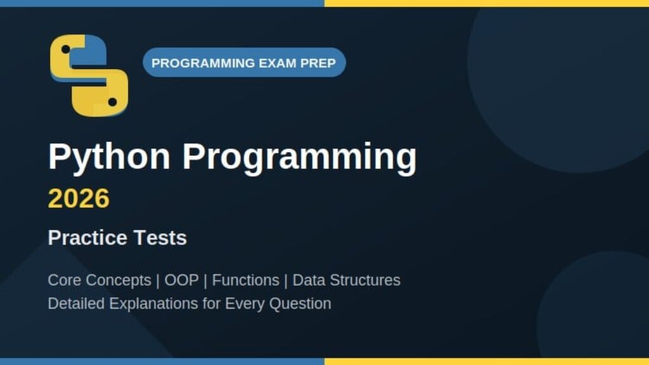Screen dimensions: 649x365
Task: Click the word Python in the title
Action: pos(109,157)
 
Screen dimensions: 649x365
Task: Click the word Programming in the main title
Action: pos(300,157)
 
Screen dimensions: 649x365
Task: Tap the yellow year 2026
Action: pos(79,198)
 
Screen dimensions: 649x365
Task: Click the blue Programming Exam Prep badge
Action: pos(244,63)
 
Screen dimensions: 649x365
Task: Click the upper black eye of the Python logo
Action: pos(65,49)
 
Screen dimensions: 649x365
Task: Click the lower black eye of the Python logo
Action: pos(112,102)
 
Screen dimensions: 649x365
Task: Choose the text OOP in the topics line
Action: pos(181,280)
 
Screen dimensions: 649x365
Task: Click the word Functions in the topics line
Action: pos(245,280)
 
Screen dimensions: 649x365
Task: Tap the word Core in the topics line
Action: pos(64,280)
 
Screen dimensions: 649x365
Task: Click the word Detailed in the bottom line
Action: pos(76,304)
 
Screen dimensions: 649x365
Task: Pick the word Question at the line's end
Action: pos(300,304)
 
